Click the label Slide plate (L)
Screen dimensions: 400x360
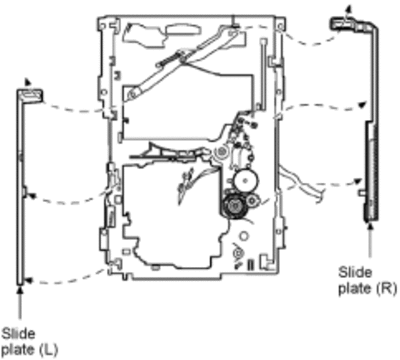(30, 342)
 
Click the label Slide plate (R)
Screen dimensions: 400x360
(368, 280)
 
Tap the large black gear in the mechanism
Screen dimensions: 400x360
(235, 207)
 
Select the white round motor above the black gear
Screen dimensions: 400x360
(246, 181)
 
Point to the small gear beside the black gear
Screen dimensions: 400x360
(252, 200)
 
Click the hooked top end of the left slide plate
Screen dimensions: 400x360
(30, 95)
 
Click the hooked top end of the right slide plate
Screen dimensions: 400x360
(343, 23)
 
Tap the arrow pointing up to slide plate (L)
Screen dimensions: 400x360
(20, 304)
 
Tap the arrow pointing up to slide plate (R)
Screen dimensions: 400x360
(369, 240)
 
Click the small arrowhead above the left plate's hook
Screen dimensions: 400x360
(27, 82)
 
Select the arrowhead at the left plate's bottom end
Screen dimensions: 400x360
(29, 281)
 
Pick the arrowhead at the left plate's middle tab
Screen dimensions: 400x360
(31, 196)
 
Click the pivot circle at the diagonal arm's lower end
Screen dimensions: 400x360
(132, 95)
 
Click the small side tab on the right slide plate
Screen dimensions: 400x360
(361, 193)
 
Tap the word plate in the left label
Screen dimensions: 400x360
(17, 350)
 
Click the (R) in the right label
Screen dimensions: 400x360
(386, 288)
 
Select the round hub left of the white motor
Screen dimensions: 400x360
(220, 152)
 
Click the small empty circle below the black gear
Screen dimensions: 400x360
(244, 236)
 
